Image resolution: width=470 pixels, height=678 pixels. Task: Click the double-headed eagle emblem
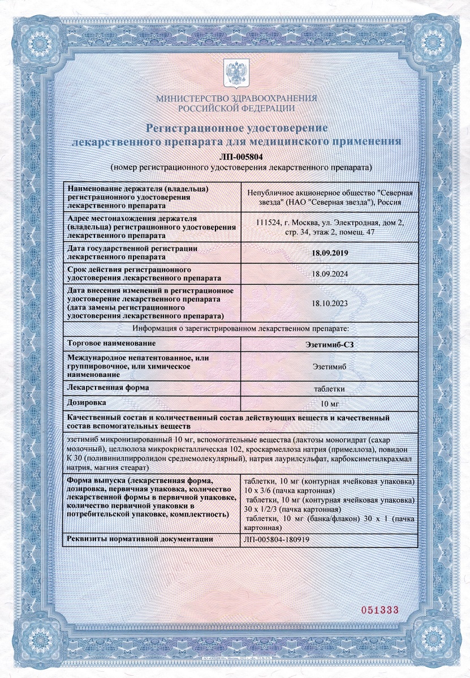[x=235, y=74]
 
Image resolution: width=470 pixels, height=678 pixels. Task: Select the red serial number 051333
[x=380, y=610]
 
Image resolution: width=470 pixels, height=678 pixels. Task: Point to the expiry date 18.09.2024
[x=330, y=274]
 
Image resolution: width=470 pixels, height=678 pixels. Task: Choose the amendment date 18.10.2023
[x=330, y=303]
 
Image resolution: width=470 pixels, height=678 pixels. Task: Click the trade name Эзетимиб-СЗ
[x=330, y=344]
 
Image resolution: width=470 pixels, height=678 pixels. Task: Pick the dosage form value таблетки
[x=330, y=388]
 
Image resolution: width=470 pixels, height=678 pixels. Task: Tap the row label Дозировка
[x=87, y=402]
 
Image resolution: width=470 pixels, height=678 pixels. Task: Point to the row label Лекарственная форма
[x=108, y=388]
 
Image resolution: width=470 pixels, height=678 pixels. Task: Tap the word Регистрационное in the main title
[x=192, y=127]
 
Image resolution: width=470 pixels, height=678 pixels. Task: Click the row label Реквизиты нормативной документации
[x=140, y=539]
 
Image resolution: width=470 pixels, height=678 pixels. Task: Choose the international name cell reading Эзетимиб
[x=330, y=366]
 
